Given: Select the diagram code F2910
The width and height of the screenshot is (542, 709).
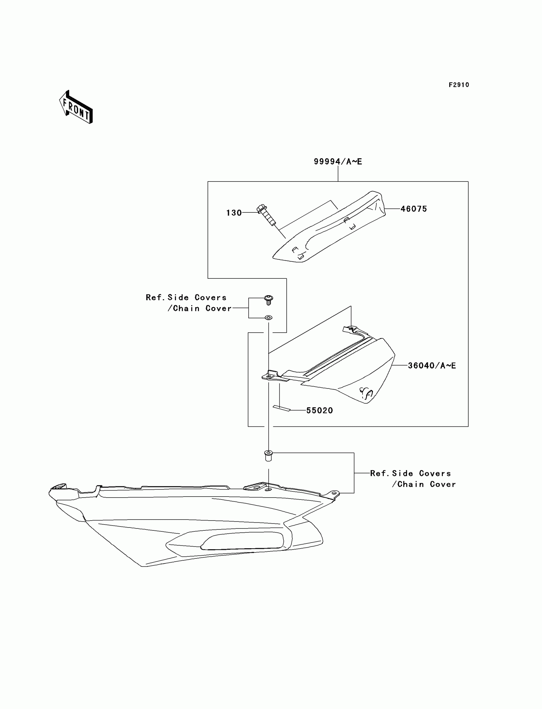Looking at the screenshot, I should (459, 85).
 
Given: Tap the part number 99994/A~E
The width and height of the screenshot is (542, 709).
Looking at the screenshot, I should (338, 161).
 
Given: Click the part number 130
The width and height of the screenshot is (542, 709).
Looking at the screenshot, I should (234, 213).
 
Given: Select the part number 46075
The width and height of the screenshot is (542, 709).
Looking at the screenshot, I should (414, 209).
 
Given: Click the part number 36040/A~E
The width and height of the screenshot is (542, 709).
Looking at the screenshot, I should (432, 366).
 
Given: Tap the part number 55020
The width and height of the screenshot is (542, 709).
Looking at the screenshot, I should (319, 410).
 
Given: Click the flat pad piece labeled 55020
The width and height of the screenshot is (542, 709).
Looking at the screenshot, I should (282, 408).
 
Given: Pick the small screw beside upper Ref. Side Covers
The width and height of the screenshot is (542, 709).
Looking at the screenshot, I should (268, 299).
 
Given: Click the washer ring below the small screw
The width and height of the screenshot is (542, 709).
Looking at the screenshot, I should (268, 318).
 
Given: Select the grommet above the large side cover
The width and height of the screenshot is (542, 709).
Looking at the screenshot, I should (268, 456).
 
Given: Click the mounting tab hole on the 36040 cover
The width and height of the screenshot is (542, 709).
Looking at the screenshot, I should (268, 376).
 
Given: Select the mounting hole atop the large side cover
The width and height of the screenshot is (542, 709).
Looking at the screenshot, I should (268, 490).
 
